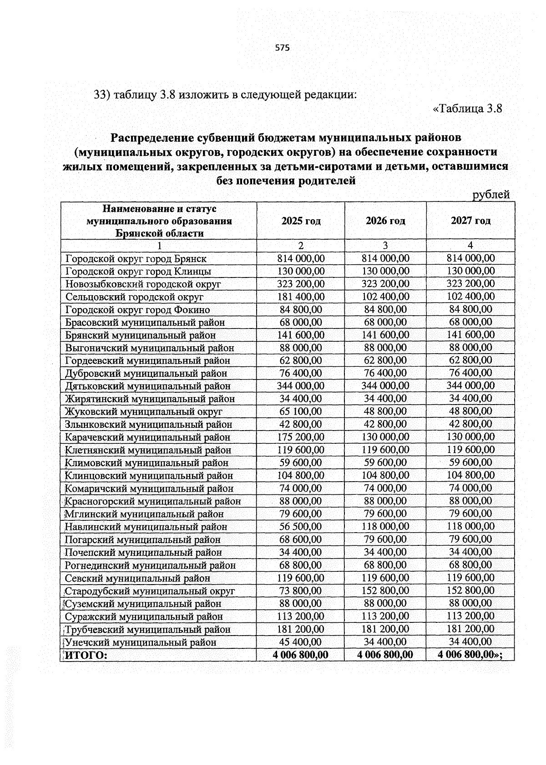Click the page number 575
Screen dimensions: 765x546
(282, 48)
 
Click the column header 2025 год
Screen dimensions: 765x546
(301, 221)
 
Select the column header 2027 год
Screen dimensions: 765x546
(470, 221)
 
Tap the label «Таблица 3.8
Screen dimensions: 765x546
(467, 109)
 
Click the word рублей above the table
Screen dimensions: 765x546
(491, 195)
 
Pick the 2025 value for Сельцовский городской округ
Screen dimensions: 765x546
(301, 297)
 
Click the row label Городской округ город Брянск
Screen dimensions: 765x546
(136, 259)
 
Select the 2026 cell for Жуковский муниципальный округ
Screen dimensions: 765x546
(385, 411)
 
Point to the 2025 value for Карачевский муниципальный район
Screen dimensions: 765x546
(301, 437)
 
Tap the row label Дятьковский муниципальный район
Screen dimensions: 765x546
(147, 386)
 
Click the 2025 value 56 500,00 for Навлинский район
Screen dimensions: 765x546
(301, 527)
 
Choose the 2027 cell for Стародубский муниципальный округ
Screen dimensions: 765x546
(470, 590)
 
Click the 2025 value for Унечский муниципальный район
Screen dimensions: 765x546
(301, 642)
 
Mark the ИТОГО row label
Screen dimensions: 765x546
(86, 655)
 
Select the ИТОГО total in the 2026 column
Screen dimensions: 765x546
(385, 655)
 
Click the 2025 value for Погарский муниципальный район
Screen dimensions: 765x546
(301, 539)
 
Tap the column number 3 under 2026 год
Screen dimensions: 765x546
(385, 246)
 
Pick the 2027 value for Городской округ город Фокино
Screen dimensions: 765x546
(470, 309)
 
